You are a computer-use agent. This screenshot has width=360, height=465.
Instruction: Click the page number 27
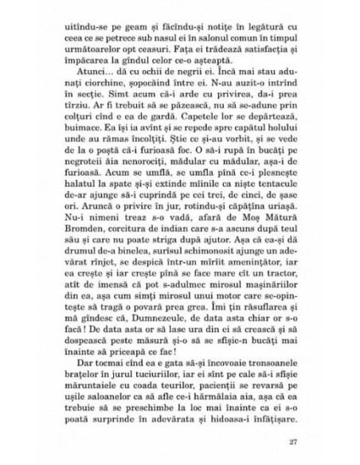[301, 441]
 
